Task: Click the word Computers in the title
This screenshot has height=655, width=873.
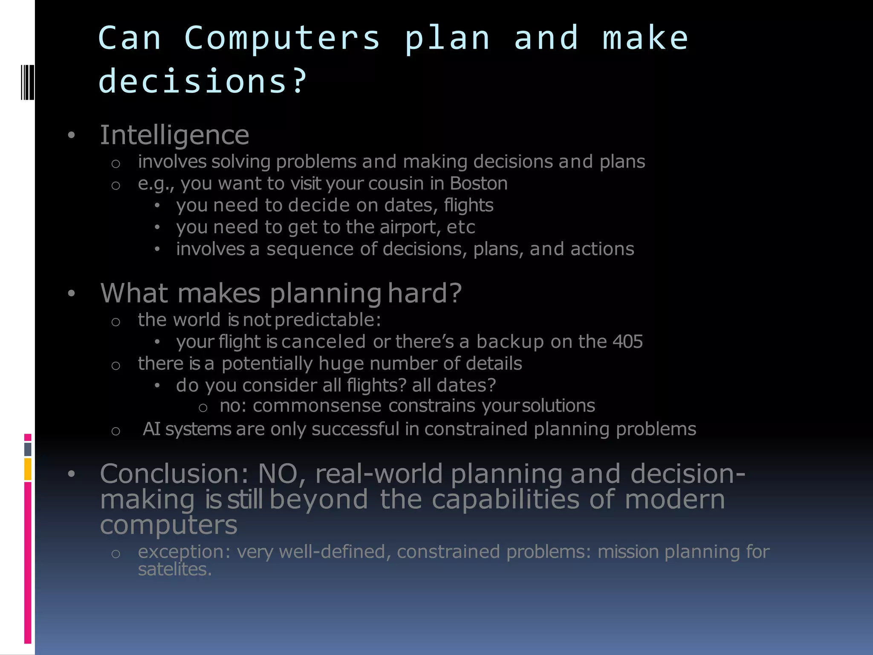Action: (282, 38)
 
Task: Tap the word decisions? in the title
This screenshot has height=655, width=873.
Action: (202, 81)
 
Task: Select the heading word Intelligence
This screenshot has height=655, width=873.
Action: (174, 135)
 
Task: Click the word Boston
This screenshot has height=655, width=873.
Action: (479, 183)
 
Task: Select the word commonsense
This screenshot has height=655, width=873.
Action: (317, 406)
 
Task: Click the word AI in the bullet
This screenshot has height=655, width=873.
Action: (151, 429)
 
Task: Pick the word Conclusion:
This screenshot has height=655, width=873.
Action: (174, 474)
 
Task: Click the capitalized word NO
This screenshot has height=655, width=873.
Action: (278, 474)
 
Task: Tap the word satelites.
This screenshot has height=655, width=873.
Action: (174, 570)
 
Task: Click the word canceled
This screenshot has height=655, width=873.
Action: (323, 342)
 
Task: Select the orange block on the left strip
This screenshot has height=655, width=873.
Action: (28, 469)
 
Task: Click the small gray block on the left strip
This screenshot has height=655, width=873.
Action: (28, 449)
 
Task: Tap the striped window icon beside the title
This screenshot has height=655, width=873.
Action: (27, 81)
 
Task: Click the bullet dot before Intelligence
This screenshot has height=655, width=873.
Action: (71, 136)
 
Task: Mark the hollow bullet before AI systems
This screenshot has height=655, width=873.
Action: (116, 431)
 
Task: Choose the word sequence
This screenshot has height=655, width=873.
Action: (310, 249)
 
